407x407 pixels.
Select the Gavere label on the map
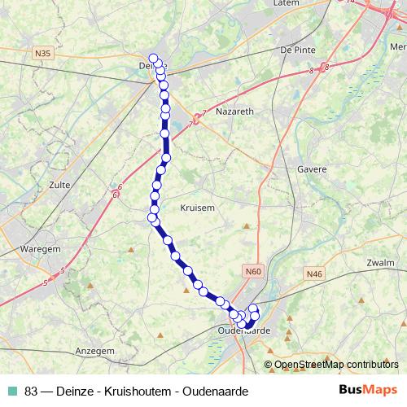point(312,169)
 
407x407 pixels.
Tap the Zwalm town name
point(381,263)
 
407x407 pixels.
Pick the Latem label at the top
point(289,4)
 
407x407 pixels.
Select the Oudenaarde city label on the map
point(244,330)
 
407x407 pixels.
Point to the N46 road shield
point(315,274)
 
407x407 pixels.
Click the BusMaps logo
point(368,392)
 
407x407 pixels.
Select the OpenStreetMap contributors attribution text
point(336,364)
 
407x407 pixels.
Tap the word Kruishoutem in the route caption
point(140,392)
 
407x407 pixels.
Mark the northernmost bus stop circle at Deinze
point(153,58)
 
